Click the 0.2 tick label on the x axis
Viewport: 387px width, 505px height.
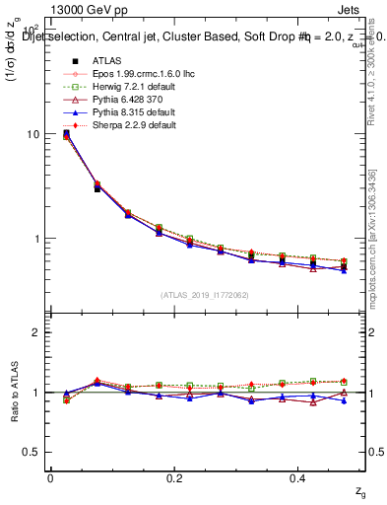[x=175, y=477]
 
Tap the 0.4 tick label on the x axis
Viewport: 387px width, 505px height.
[x=300, y=477]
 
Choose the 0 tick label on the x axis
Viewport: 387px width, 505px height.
[x=50, y=477]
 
